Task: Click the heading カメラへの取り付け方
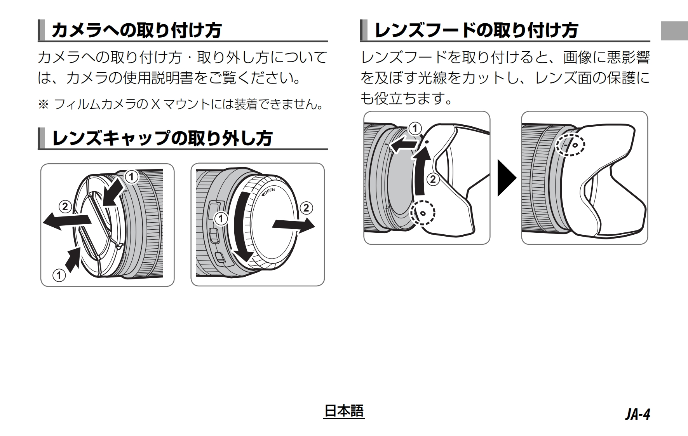136,30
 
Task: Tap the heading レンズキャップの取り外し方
162,138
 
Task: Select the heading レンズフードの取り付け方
476,30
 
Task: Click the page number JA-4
637,414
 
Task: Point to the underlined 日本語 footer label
344,411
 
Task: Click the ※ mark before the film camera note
43,104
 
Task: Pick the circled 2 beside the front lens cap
65,206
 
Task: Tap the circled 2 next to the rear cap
306,208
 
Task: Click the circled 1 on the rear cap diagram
221,219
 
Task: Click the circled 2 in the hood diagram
433,179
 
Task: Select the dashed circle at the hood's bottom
423,213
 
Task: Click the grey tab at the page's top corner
674,30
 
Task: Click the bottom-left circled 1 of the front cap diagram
59,276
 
